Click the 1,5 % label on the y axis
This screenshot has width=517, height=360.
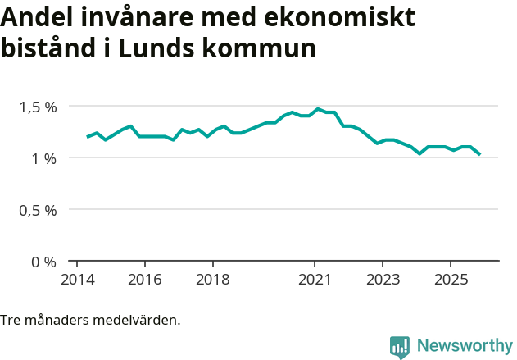[x=39, y=107]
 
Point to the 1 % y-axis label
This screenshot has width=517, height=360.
[x=43, y=158]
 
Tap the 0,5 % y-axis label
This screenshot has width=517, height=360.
[x=39, y=210]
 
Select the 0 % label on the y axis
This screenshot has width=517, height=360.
[x=43, y=262]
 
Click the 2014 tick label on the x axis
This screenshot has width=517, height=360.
[x=76, y=278]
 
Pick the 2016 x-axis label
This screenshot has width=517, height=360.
[x=144, y=278]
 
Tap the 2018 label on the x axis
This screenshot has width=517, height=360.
[x=212, y=278]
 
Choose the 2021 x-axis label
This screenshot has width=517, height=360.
[x=315, y=278]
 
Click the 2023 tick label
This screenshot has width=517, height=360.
[x=383, y=278]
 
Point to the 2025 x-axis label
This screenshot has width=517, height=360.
[x=451, y=278]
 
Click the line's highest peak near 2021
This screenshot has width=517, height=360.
[x=318, y=108]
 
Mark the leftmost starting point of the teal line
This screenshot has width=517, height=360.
[x=88, y=137]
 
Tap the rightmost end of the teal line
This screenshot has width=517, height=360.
[x=479, y=153]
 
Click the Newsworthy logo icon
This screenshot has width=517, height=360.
[x=400, y=347]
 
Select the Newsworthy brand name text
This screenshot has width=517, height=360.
[x=465, y=346]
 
